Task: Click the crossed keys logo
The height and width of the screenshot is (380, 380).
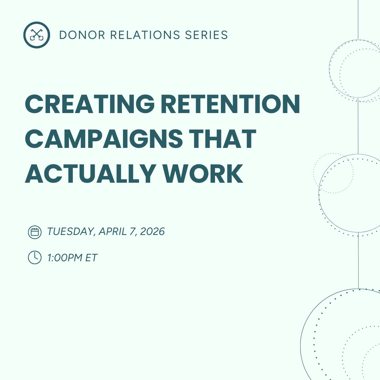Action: click(36, 35)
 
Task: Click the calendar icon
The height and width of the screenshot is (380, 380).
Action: click(35, 232)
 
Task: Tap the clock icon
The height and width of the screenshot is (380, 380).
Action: click(35, 257)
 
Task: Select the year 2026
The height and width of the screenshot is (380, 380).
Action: click(152, 231)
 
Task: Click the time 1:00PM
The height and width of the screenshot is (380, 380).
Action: click(65, 258)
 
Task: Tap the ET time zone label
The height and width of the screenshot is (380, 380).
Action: click(91, 258)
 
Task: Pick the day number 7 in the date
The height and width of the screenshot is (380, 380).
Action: click(132, 231)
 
